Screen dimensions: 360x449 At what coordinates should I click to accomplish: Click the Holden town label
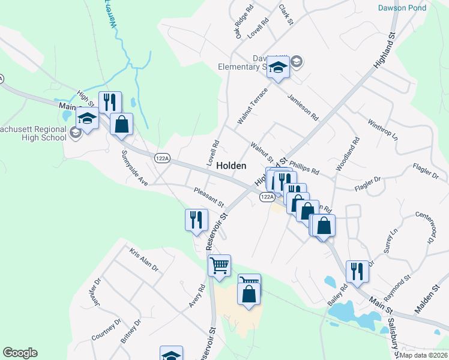tap(231, 165)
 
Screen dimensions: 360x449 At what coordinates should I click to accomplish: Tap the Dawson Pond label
tap(402, 8)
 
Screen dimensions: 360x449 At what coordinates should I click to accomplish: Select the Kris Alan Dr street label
tap(143, 258)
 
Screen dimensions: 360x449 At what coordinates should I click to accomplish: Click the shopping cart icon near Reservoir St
tap(219, 265)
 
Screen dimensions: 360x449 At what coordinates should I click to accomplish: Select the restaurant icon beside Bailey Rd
tap(358, 271)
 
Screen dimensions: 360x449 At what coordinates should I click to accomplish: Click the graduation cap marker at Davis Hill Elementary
tap(278, 67)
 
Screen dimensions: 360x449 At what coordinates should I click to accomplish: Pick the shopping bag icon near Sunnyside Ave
tap(121, 124)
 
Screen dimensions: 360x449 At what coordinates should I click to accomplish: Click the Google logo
tap(20, 353)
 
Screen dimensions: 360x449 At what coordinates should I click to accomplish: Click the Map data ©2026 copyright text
tap(423, 355)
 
